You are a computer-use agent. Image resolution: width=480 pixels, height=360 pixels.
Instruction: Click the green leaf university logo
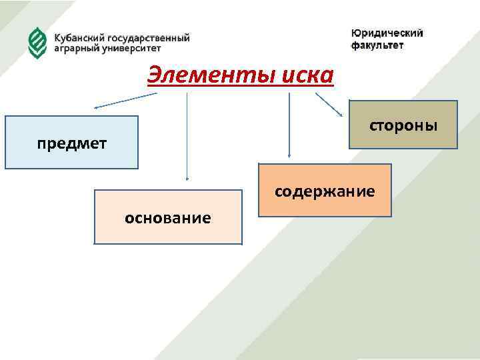37,43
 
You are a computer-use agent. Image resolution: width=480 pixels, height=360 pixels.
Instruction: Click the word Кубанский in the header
79,38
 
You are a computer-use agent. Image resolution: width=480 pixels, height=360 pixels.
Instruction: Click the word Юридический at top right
387,33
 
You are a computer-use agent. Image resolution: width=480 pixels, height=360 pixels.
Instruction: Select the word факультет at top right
377,45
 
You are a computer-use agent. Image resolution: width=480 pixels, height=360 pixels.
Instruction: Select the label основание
168,217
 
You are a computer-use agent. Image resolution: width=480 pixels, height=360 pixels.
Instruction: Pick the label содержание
325,192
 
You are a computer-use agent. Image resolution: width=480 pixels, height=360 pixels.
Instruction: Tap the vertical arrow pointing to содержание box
289,127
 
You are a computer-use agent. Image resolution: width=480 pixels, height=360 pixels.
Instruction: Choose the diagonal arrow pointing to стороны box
329,106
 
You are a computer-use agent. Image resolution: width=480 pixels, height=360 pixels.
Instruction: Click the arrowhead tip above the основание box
187,179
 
